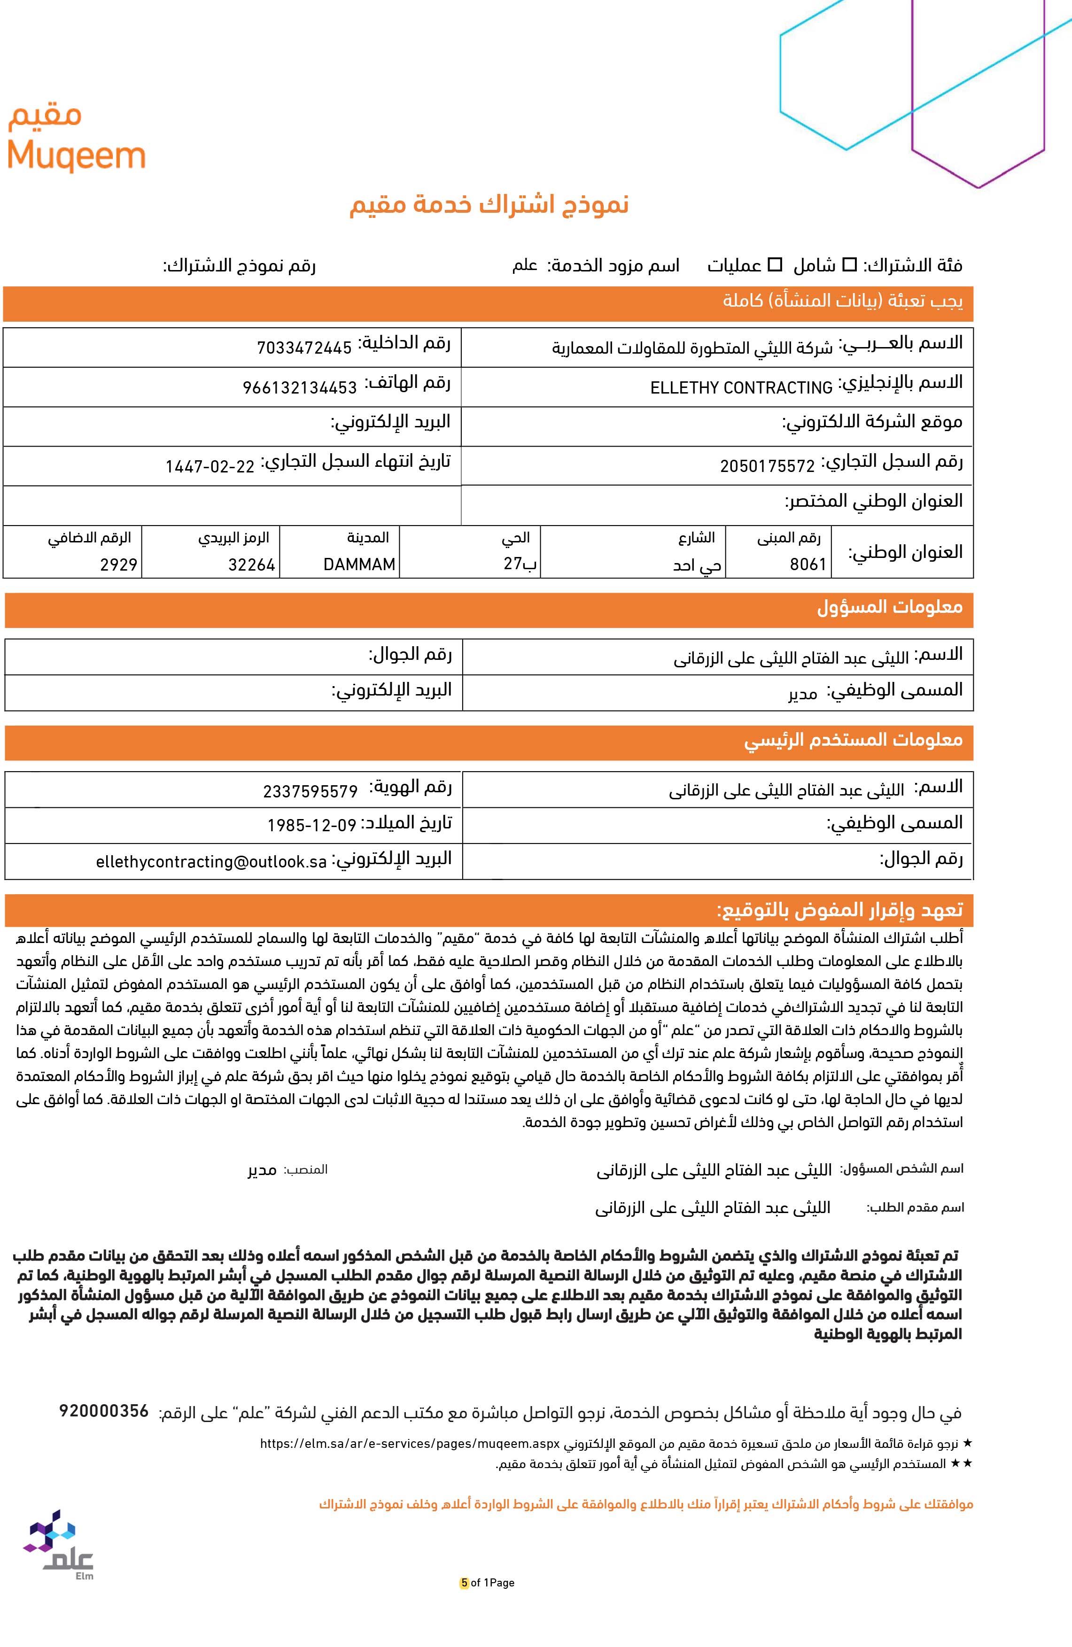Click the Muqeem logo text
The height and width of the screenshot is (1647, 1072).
(x=76, y=157)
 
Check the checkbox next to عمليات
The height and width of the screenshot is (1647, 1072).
(x=776, y=264)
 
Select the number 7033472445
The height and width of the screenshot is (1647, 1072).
(x=304, y=348)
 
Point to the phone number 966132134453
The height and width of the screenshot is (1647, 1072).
(x=299, y=387)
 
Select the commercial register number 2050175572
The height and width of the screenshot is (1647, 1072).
(x=767, y=466)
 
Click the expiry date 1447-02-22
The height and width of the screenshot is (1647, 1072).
(x=210, y=466)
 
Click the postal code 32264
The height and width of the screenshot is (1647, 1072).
(x=252, y=564)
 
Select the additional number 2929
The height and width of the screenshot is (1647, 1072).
(x=119, y=564)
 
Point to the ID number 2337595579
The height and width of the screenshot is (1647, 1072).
(x=310, y=791)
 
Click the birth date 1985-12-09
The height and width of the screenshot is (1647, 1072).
(x=311, y=826)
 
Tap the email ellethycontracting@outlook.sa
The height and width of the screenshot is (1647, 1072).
(x=211, y=862)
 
